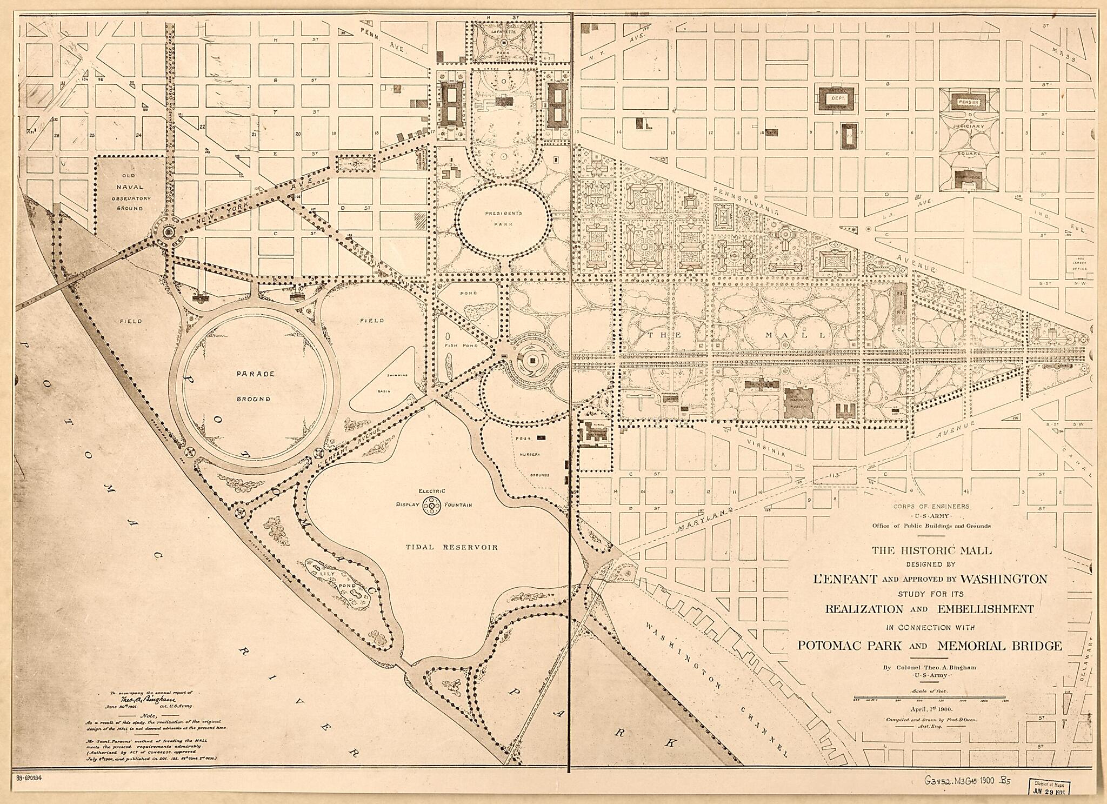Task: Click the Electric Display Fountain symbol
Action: point(431,505)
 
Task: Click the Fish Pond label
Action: point(455,345)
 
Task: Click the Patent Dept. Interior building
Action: point(836,99)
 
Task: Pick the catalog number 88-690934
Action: point(26,777)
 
